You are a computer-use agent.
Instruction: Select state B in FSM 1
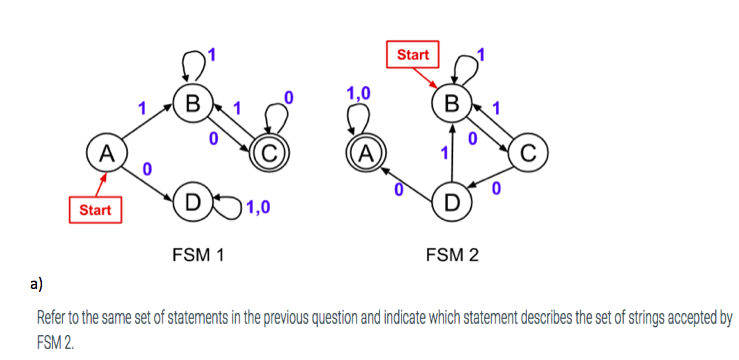pyautogui.click(x=190, y=103)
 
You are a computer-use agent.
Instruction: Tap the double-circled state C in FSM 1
pyautogui.click(x=271, y=153)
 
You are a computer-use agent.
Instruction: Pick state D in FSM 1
pyautogui.click(x=191, y=199)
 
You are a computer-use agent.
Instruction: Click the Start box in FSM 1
pyautogui.click(x=95, y=211)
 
